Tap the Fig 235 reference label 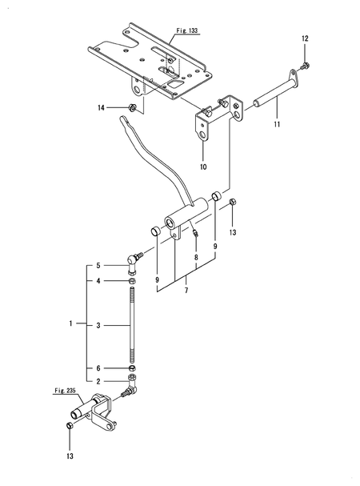pos(65,391)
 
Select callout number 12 pos(304,38)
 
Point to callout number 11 pos(276,127)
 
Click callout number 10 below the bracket pos(203,167)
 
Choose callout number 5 pos(98,265)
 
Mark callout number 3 pos(98,325)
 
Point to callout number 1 pos(71,324)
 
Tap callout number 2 pos(98,381)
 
